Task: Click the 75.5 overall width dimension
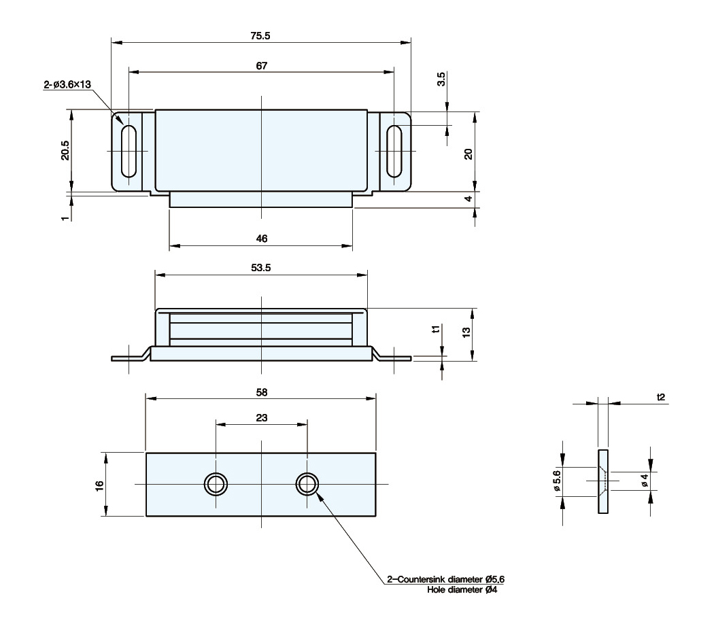coord(262,36)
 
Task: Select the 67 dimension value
coord(262,65)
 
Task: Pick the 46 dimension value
coord(262,238)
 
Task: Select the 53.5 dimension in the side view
coord(262,268)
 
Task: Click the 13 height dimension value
coord(467,334)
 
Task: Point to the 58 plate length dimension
coord(262,392)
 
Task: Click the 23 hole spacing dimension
coord(262,419)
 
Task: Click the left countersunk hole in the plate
coord(216,484)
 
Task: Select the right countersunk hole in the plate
coord(307,484)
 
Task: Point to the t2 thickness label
coord(660,396)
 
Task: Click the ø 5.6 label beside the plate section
coord(556,481)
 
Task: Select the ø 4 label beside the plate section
coord(643,481)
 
